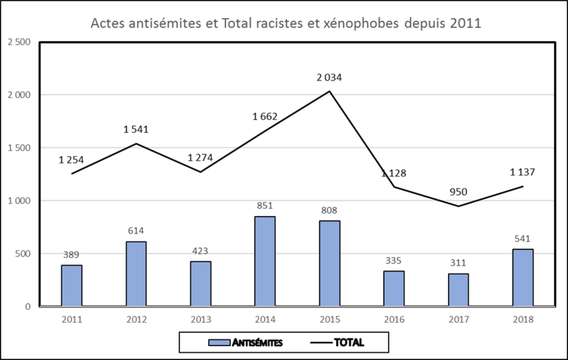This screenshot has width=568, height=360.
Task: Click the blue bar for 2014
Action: coord(265,261)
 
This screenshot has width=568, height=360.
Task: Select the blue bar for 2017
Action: coord(458,290)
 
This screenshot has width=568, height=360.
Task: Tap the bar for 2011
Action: coord(71,286)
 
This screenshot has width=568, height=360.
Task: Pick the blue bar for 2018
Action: coord(523,278)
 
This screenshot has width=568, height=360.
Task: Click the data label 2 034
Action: coord(329,77)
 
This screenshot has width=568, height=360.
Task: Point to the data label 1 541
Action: coord(136,129)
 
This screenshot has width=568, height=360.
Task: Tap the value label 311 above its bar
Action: coord(458,263)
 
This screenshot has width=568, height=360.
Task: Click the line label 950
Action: coord(458,192)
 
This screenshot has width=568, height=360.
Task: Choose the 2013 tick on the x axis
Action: coord(201,319)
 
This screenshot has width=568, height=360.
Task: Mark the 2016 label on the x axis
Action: coord(394,319)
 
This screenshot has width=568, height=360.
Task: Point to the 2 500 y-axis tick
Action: coord(19,42)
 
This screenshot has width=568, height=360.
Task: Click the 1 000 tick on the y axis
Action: coord(19,201)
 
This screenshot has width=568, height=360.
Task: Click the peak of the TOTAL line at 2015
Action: coord(329,91)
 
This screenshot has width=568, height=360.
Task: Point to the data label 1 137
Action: coord(523,173)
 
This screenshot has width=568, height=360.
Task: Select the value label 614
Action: coord(136,231)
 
